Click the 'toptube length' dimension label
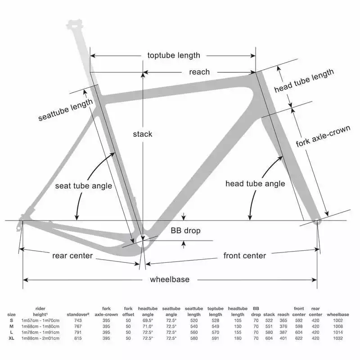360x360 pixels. point(174,55)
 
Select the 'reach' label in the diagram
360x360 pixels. point(199,72)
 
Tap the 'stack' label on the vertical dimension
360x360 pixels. point(143,134)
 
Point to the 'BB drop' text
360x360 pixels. point(185,231)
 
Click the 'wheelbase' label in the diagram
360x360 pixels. point(170,279)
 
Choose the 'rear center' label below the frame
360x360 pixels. point(72,256)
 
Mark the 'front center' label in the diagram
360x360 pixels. point(245,256)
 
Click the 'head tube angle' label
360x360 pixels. point(255,184)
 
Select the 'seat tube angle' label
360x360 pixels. point(84,186)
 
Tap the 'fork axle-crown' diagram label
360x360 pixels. point(323,136)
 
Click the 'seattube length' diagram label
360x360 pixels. point(66,110)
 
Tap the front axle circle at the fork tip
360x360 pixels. point(317,221)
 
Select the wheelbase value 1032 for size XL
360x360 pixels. point(343,338)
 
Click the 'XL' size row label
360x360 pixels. point(12,338)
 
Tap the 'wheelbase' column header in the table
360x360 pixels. point(343,314)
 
